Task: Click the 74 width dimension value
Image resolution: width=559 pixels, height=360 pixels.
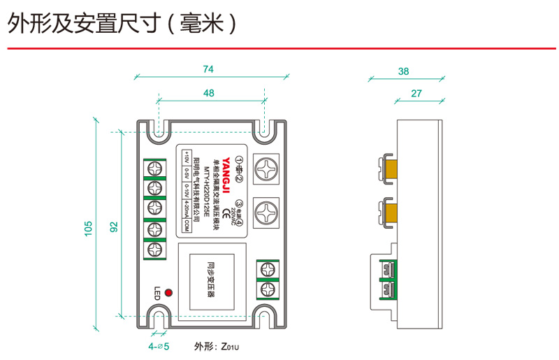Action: (208, 69)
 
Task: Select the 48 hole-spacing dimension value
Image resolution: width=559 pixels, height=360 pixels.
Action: (209, 93)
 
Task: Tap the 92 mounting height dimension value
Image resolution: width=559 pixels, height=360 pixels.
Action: (114, 226)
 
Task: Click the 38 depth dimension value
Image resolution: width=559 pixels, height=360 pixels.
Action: (403, 71)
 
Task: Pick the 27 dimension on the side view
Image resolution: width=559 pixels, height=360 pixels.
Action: (416, 93)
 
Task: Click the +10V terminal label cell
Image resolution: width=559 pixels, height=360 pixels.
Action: (186, 157)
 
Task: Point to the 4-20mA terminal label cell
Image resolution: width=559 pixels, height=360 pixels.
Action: (186, 210)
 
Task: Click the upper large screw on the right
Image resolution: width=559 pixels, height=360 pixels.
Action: (266, 168)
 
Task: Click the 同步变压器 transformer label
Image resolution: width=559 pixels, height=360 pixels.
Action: (210, 280)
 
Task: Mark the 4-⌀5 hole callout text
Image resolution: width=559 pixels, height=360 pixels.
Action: (159, 346)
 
